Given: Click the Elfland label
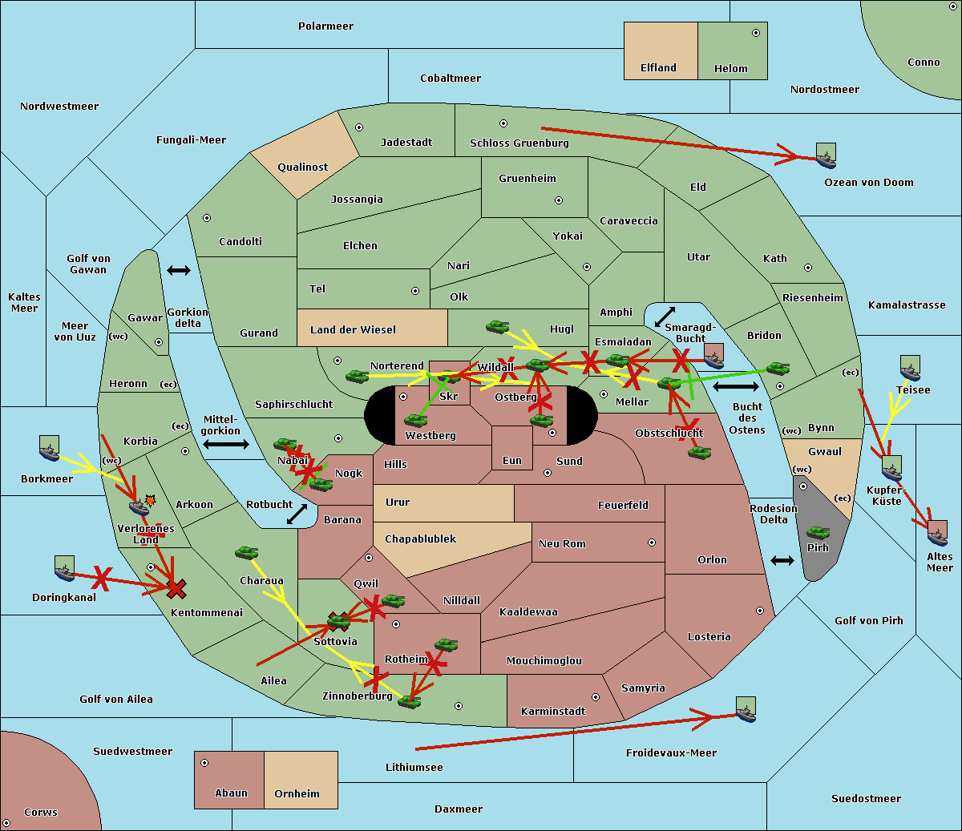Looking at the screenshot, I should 658,68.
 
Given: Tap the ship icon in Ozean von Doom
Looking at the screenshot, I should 826,155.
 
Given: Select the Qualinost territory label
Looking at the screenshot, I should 302,167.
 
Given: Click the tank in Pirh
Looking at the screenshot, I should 818,533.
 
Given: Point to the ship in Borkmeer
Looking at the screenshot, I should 49,449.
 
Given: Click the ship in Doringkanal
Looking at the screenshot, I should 64,568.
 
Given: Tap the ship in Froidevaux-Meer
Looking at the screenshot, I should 746,709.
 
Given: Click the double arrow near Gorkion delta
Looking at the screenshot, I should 179,271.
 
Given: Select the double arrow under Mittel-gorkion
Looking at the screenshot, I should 225,444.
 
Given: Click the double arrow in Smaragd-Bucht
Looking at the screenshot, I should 665,317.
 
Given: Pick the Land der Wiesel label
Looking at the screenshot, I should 353,329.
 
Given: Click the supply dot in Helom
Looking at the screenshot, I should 755,33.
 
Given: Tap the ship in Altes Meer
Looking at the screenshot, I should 937,532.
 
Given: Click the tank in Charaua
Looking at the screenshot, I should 247,553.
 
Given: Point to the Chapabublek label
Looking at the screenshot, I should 420,539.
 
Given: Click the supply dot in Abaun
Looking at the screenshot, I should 204,763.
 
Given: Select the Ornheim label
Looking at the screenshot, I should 297,794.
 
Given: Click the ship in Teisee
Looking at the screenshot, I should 910,368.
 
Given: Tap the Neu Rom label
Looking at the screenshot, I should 562,544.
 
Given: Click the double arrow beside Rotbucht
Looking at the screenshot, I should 297,514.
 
